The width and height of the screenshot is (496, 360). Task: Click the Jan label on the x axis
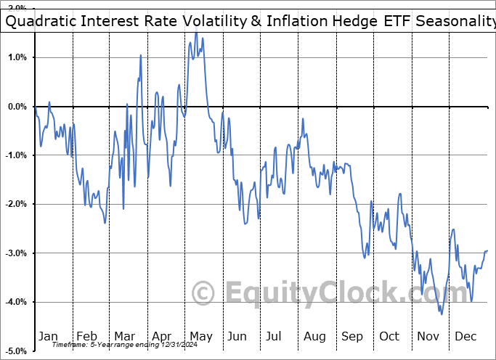pos(48,337)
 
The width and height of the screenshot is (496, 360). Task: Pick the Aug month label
pos(314,337)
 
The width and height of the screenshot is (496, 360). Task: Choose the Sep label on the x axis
pos(353,337)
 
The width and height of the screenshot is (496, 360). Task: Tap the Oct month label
pos(390,337)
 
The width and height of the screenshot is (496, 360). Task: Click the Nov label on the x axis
pos(428,337)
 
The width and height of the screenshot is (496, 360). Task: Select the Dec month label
pos(466,337)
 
